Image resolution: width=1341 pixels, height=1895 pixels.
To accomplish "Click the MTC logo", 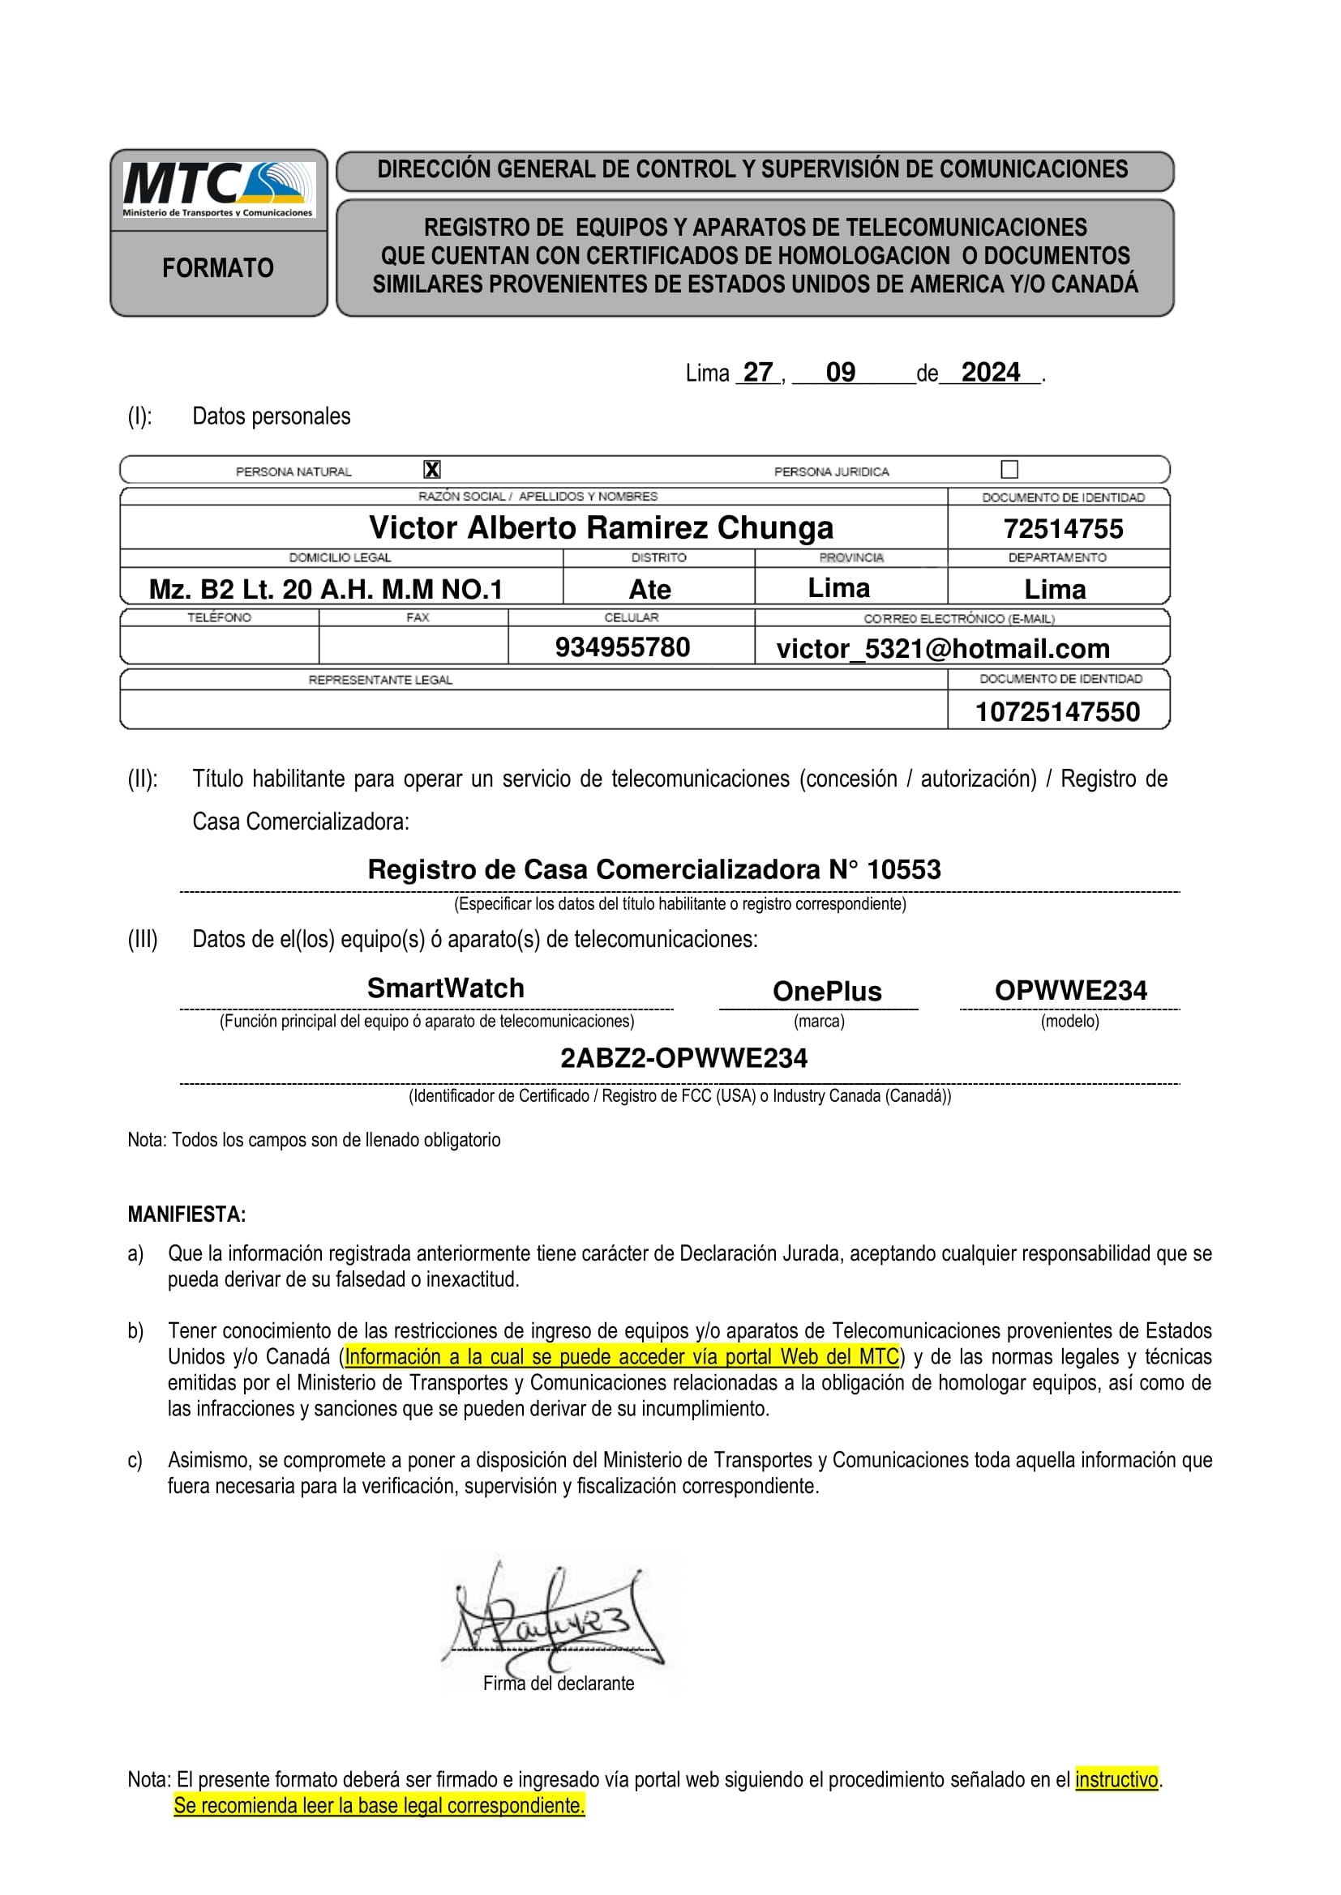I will tap(218, 189).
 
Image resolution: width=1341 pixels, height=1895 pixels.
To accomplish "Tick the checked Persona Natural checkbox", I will tap(432, 470).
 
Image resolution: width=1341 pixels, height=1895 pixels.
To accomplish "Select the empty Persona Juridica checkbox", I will tap(1009, 470).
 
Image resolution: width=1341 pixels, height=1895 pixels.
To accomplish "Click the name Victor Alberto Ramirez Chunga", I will tap(601, 527).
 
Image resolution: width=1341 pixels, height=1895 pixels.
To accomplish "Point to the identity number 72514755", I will tap(1063, 528).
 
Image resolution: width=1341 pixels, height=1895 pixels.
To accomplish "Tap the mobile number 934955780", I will tap(622, 647).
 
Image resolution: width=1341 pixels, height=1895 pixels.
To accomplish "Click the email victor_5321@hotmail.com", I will tap(943, 649).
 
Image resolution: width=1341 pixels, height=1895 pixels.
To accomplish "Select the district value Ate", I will tap(650, 589).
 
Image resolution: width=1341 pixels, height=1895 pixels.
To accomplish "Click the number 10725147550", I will tap(1057, 711).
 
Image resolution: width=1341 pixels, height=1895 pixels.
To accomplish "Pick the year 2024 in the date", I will tap(990, 372).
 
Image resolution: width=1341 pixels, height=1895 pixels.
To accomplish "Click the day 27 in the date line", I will tap(757, 372).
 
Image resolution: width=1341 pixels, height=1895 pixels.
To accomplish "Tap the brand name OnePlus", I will tap(826, 990).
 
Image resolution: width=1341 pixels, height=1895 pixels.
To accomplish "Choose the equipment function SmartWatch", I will tap(446, 988).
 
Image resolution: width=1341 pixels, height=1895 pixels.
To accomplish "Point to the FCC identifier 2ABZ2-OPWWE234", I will tap(683, 1058).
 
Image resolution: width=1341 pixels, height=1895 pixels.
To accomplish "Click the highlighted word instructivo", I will tap(1116, 1779).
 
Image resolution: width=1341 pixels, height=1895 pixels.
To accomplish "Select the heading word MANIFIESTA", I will tap(186, 1214).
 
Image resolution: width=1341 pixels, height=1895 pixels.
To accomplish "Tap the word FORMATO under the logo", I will tap(218, 268).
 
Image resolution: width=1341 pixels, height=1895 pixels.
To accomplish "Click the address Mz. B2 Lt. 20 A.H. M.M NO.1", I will tap(325, 589).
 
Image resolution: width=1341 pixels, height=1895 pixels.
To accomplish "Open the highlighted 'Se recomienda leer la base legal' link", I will tap(379, 1805).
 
